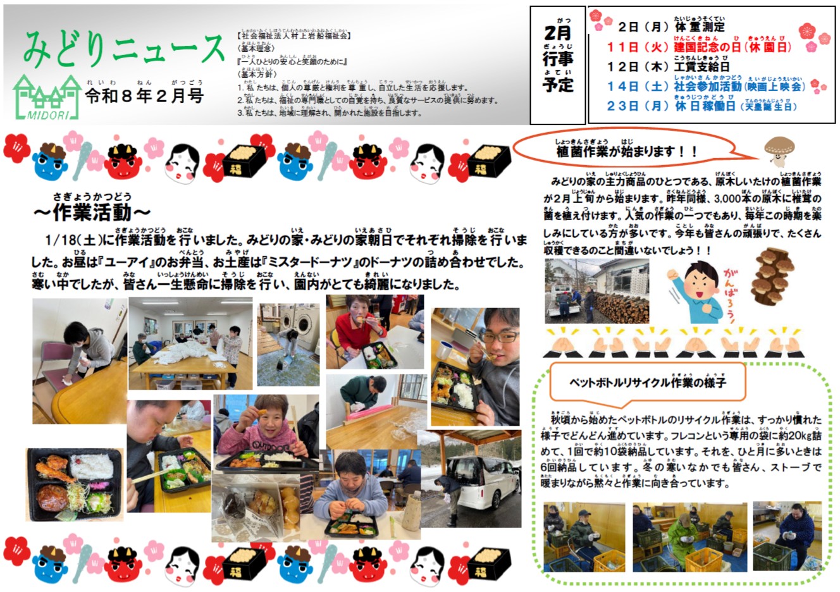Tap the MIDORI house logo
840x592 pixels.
click(47, 98)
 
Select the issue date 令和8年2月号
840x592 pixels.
click(144, 96)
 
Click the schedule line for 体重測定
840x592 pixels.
click(671, 27)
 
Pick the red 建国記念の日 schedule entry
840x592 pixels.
click(699, 47)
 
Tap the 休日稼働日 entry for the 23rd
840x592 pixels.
click(701, 106)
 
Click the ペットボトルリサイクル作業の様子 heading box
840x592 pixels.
click(648, 383)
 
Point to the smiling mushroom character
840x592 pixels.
click(779, 152)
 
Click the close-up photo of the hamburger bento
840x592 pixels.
click(74, 484)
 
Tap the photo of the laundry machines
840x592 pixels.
click(288, 345)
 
